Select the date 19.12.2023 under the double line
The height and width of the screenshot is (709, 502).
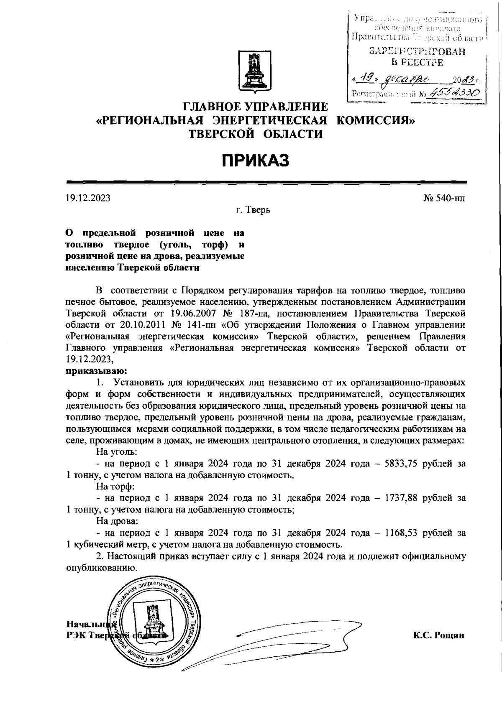click(x=88, y=198)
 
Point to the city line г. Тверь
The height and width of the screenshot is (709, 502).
click(x=253, y=210)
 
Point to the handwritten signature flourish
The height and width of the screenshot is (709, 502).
click(x=289, y=646)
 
